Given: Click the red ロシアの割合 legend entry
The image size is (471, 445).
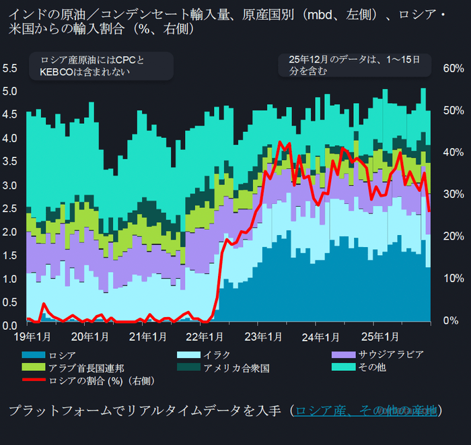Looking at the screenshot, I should pos(101,381).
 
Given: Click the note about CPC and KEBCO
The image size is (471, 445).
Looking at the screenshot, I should pos(101,66).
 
